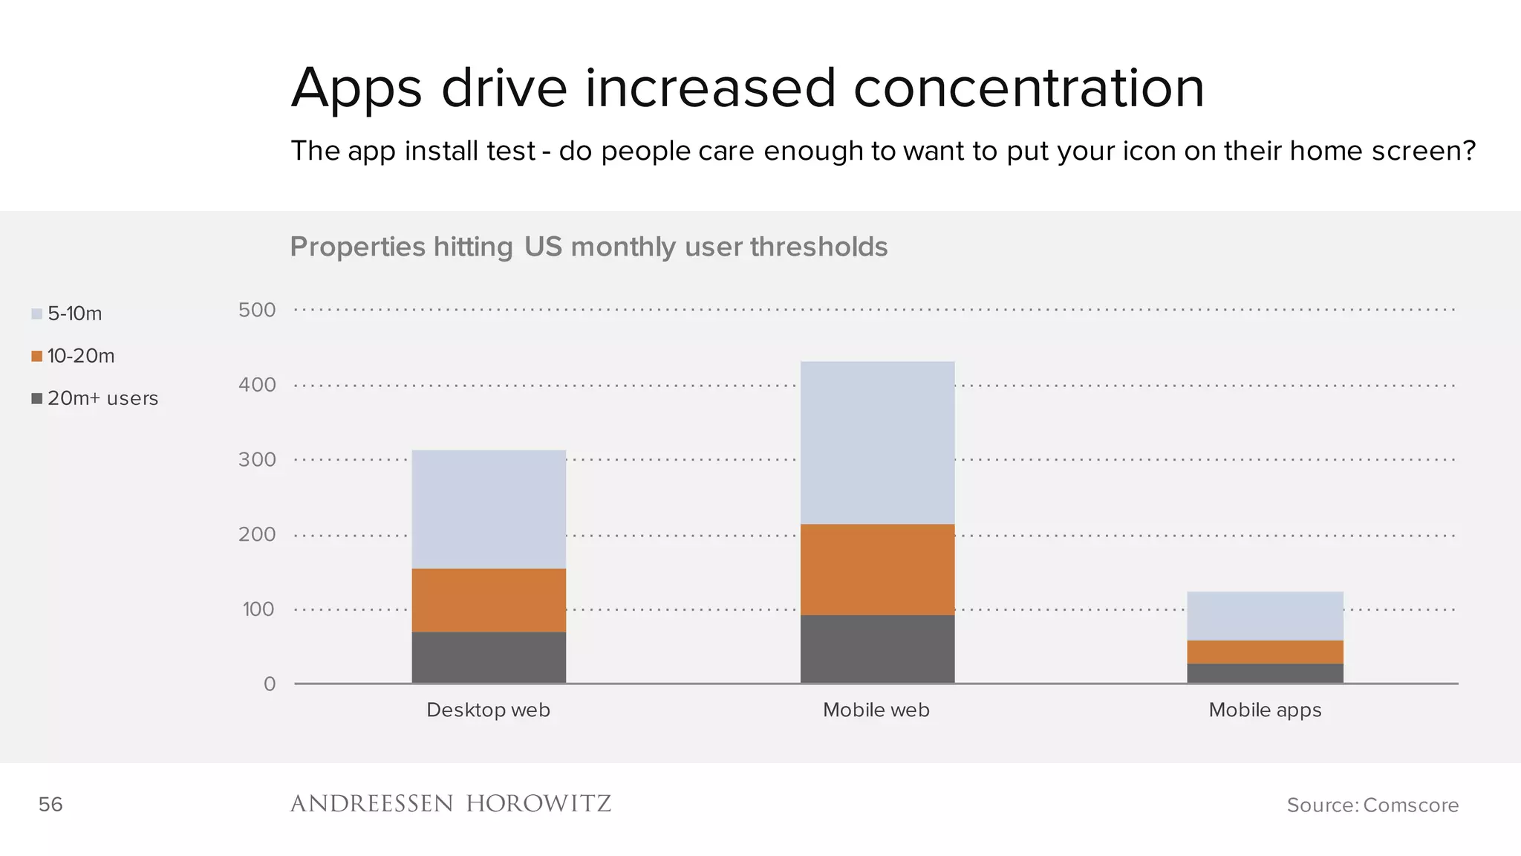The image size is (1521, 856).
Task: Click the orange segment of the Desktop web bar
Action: (489, 600)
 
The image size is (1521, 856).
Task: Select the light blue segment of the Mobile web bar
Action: (877, 443)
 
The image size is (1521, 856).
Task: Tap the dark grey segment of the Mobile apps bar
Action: (1265, 673)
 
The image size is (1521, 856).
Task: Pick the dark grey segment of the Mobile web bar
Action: (877, 649)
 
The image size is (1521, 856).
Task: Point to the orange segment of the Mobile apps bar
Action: (1265, 652)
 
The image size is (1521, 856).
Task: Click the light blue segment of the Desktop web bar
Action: (489, 509)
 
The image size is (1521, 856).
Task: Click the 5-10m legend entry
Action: (67, 314)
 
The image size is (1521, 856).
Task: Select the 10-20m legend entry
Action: (73, 356)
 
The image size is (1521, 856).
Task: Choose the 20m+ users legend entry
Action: (95, 398)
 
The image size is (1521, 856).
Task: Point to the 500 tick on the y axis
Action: (257, 310)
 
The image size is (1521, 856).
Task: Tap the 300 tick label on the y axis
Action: (257, 460)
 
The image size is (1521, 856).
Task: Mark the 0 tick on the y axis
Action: (270, 684)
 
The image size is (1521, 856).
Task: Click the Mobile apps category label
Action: (1265, 710)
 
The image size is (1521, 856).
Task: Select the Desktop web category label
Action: (488, 710)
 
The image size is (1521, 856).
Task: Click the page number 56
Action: (51, 804)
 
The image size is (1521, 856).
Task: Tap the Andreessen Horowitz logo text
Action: (450, 804)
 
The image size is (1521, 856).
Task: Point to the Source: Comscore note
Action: (1372, 805)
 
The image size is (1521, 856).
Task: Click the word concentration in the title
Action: (1029, 88)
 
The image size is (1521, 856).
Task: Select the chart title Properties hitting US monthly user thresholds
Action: (588, 247)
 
